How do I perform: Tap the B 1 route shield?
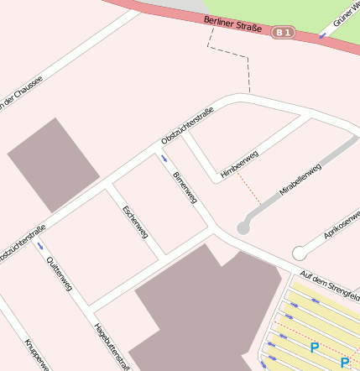point(284,33)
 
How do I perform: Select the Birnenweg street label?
point(184,188)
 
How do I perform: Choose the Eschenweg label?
point(135,222)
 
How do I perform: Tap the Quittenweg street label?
point(60,274)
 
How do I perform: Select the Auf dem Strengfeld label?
point(331,285)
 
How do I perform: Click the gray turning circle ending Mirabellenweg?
point(243,227)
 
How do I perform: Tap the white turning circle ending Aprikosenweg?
point(299,253)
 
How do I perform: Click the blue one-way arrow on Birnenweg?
point(164,157)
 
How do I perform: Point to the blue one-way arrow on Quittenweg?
point(39,247)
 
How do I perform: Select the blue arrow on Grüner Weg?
point(322,34)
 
